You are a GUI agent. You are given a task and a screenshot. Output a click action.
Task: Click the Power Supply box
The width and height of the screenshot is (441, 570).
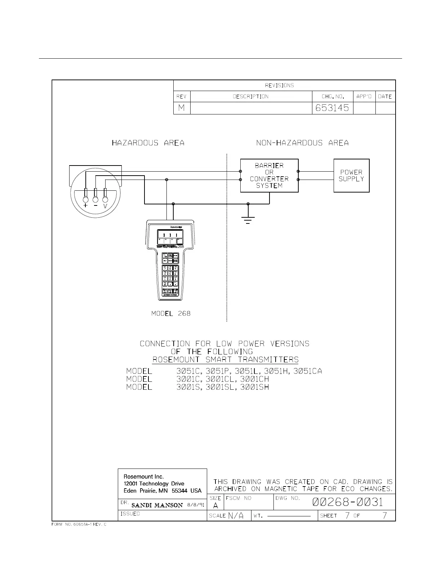pos(351,176)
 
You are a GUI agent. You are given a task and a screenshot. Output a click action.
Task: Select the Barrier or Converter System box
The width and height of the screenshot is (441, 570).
pos(269,176)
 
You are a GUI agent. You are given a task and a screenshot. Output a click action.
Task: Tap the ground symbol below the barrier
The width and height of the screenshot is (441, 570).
pos(248,220)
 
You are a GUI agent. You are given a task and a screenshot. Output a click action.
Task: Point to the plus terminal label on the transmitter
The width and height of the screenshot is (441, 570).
pos(85,206)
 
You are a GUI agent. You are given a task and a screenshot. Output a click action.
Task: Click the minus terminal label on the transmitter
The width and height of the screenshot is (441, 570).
pos(95,206)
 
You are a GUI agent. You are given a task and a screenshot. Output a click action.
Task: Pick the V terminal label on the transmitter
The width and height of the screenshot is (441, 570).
pos(105,207)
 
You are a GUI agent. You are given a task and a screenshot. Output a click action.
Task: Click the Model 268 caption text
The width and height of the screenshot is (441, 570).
pos(171,313)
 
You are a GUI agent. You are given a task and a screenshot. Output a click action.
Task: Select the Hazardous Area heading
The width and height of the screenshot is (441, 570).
pos(148,143)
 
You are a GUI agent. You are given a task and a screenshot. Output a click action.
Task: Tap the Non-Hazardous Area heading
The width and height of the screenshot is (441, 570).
pos(302,143)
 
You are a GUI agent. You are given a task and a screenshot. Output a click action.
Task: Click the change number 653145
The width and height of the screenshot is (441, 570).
pos(332,108)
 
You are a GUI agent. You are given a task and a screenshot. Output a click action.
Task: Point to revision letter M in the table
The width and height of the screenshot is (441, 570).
pos(182,108)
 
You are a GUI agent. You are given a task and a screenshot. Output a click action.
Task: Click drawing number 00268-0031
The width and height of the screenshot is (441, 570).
pos(348,502)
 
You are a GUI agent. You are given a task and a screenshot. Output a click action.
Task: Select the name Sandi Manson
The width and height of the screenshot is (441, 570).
pos(157,505)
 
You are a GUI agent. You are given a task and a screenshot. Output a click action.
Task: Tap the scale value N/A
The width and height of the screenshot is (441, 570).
pos(236,516)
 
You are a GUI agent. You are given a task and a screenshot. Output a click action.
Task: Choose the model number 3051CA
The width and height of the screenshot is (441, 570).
pos(307,371)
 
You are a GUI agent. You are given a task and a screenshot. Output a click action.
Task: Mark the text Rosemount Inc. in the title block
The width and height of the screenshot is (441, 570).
pos(143,476)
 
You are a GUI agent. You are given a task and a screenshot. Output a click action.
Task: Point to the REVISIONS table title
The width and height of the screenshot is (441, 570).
pos(279,85)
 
